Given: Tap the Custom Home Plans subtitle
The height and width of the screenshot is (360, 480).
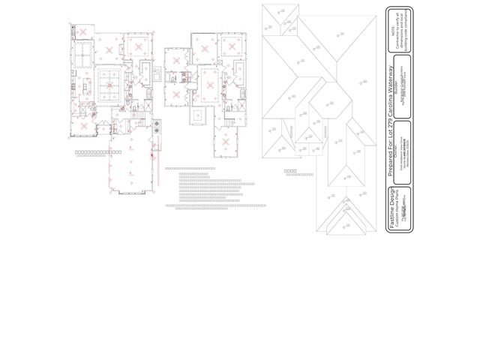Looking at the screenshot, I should (x=400, y=211).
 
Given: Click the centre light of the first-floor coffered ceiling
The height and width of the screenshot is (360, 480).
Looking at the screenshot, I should (x=109, y=85).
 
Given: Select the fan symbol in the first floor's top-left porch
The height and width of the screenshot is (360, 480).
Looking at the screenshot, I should (x=83, y=32).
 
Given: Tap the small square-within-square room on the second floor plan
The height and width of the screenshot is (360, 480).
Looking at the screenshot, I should (x=199, y=116).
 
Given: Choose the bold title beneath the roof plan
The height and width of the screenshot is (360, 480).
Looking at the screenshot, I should (x=290, y=171).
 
